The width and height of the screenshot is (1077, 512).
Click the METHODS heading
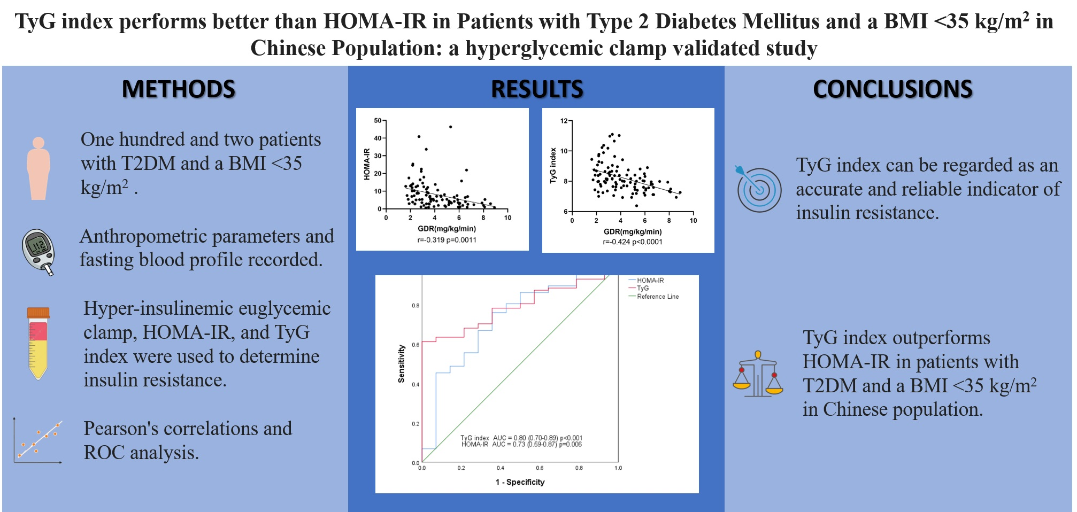point(178,89)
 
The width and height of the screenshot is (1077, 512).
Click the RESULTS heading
point(536,89)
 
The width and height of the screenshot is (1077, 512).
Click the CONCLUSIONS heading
point(892,89)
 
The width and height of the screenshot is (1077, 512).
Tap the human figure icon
point(39,168)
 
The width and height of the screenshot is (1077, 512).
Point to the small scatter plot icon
point(37,441)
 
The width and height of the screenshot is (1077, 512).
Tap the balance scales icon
point(757,374)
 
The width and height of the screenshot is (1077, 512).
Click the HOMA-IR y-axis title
point(367,164)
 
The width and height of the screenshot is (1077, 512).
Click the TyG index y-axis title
point(553,166)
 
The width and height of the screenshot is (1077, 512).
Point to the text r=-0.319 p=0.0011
point(447,240)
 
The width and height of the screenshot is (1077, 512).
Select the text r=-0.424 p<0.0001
point(633,242)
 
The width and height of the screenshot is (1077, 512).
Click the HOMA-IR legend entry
point(650,280)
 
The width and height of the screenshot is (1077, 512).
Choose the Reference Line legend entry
point(657,297)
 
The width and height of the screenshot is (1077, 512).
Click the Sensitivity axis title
point(401,363)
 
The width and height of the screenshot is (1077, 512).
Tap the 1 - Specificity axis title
point(519,482)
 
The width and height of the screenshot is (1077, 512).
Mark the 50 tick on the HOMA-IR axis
point(378,121)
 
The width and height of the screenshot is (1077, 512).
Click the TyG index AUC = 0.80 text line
point(521,438)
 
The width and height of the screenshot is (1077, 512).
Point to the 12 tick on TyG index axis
point(564,121)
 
